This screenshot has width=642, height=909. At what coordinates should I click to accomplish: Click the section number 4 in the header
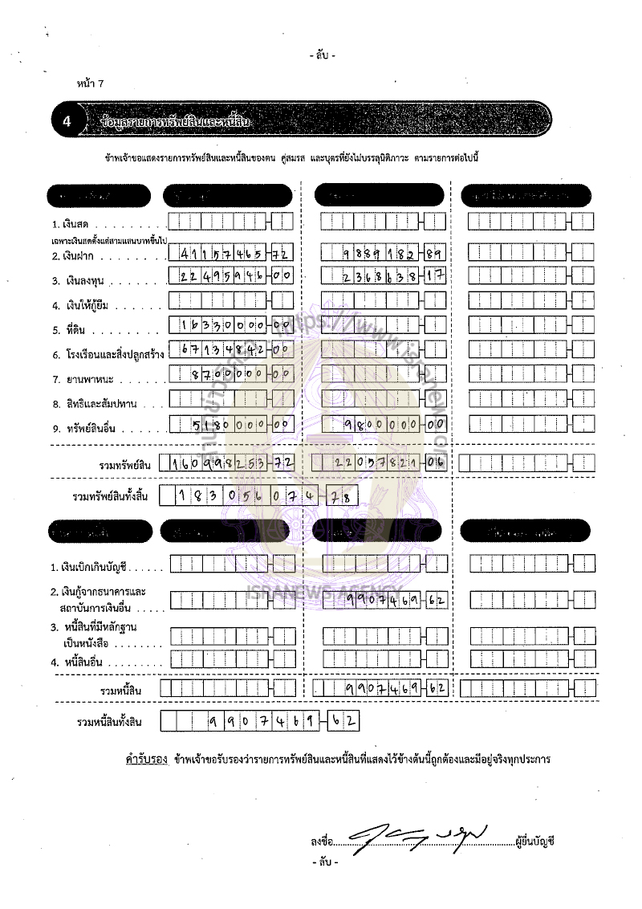click(66, 122)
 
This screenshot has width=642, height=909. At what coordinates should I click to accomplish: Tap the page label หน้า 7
click(90, 84)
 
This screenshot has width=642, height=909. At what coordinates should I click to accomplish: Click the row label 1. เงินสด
click(72, 222)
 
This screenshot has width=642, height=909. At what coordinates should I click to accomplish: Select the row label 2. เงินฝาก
click(75, 257)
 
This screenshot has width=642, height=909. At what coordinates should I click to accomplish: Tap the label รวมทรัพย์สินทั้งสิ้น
click(110, 497)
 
